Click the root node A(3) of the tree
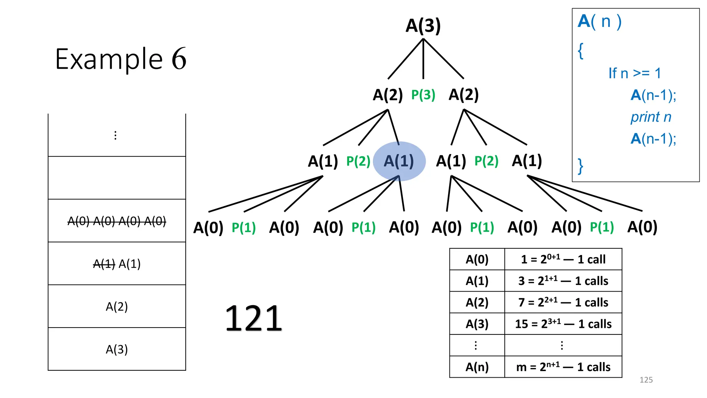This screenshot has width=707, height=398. point(423,26)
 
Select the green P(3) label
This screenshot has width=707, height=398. point(423,95)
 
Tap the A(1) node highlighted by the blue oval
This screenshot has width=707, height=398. point(399,161)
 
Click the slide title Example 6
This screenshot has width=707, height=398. point(120,59)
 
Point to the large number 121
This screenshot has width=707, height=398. point(254,318)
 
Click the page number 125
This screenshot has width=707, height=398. point(646,380)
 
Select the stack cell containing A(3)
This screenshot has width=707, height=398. point(117,349)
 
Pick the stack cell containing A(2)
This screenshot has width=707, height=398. point(117,306)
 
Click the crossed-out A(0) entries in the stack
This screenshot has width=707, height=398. point(117,221)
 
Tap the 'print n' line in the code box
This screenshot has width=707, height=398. point(651,117)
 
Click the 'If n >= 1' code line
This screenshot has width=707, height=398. point(635,73)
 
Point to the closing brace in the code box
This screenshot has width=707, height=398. point(581,166)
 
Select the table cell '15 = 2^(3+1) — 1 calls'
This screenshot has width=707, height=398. point(563,324)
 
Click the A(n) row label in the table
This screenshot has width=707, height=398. point(477,367)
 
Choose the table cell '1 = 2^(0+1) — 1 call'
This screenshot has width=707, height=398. point(563,259)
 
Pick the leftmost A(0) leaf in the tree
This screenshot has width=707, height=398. point(208,228)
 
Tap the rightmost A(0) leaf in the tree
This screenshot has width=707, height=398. point(642,227)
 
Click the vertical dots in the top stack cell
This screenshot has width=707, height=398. point(115,135)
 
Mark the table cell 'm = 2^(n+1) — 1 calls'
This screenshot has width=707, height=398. point(563,367)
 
